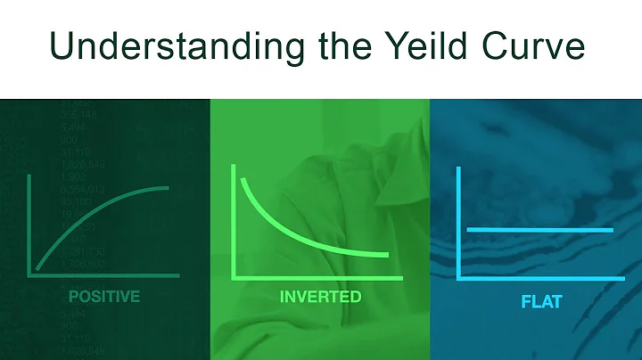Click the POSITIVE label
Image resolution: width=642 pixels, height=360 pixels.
[104, 295]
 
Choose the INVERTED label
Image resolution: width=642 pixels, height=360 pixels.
[320, 295]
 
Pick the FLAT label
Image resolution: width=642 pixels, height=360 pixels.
[542, 300]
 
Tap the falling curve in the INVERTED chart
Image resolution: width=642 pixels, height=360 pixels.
[294, 231]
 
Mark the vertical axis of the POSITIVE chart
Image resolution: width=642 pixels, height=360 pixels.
[29, 223]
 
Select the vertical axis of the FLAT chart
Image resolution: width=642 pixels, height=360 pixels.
[458, 223]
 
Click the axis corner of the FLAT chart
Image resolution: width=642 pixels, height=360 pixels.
[458, 278]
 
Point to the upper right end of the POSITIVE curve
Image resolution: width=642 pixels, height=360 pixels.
[170, 187]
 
